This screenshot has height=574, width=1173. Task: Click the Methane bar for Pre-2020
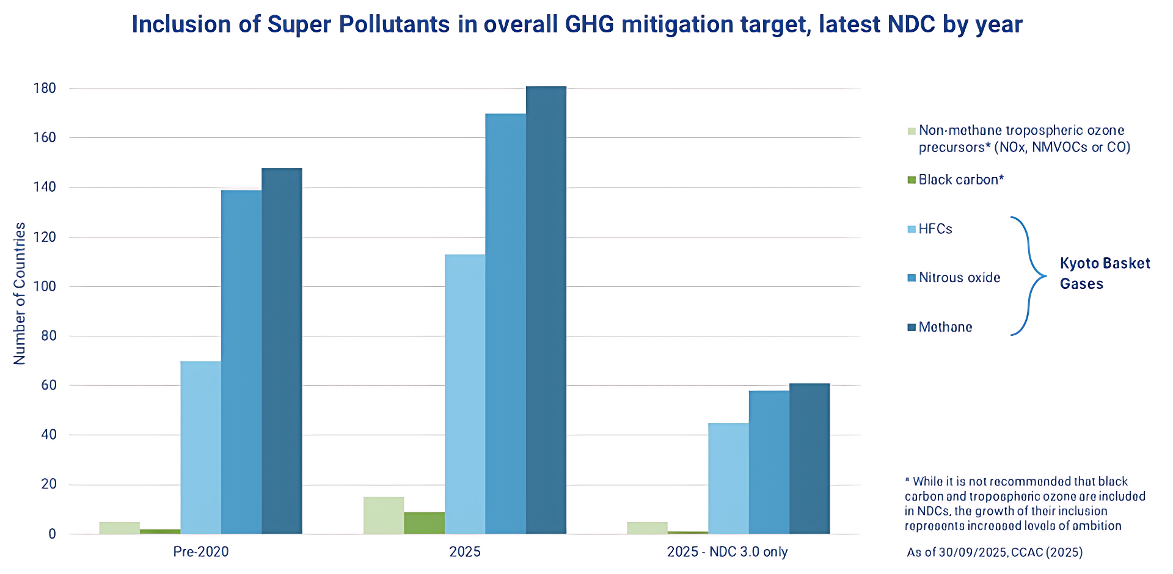click(282, 351)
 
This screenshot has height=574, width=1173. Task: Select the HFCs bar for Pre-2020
click(200, 448)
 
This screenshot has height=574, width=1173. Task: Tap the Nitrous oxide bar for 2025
click(505, 324)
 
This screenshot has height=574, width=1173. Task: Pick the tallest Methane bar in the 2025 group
click(546, 310)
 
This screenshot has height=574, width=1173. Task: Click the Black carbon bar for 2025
click(424, 523)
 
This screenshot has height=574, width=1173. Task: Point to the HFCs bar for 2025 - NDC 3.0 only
click(728, 479)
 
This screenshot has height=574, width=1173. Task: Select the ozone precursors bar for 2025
click(384, 515)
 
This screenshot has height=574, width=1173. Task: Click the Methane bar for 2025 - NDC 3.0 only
click(809, 459)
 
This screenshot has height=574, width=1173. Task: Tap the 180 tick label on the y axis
click(45, 89)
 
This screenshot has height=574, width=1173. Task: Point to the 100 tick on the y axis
click(45, 286)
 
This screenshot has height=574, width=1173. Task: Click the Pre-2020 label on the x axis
click(201, 552)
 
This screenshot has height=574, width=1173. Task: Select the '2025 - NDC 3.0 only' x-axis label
click(727, 552)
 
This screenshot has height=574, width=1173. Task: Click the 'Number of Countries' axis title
click(20, 293)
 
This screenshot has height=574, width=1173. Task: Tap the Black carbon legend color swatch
click(912, 180)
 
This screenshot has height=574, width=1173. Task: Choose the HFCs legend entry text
click(935, 229)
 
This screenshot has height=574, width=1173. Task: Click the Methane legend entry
click(945, 327)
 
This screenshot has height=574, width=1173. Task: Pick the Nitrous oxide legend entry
click(959, 278)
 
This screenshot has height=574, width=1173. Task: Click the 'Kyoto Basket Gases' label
click(1105, 274)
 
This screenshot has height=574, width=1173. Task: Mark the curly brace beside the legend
click(1029, 276)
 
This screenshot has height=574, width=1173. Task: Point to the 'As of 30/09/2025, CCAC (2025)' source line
click(995, 553)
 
